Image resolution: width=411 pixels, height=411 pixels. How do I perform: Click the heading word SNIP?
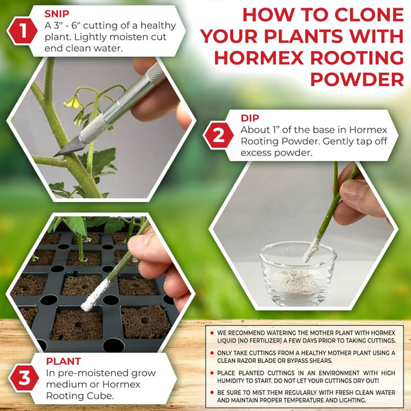[58, 13]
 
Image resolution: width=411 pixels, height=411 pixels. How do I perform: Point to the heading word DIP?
[250, 118]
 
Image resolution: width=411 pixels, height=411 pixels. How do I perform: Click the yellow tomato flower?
[71, 102]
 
